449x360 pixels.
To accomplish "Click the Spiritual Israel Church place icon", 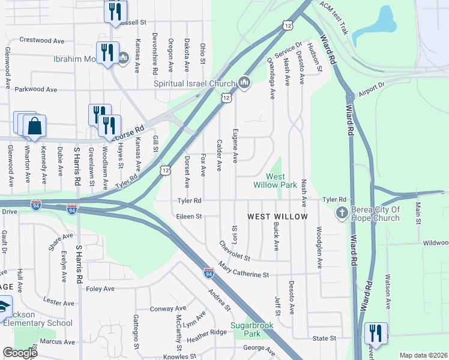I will pyautogui.click(x=244, y=83).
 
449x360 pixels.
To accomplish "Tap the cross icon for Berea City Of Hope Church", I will pyautogui.click(x=342, y=212).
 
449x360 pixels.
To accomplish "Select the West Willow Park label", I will pyautogui.click(x=282, y=181).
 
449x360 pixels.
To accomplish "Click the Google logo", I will pyautogui.click(x=20, y=352).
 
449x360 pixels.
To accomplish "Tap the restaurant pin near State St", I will pyautogui.click(x=376, y=332).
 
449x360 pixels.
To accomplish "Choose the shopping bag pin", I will pyautogui.click(x=35, y=126).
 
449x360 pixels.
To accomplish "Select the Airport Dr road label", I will pyautogui.click(x=370, y=90).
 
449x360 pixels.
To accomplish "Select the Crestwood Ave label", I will pyautogui.click(x=41, y=41).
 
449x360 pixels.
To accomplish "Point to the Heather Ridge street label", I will pyautogui.click(x=206, y=332).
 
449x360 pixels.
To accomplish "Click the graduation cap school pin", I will pyautogui.click(x=3, y=307).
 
